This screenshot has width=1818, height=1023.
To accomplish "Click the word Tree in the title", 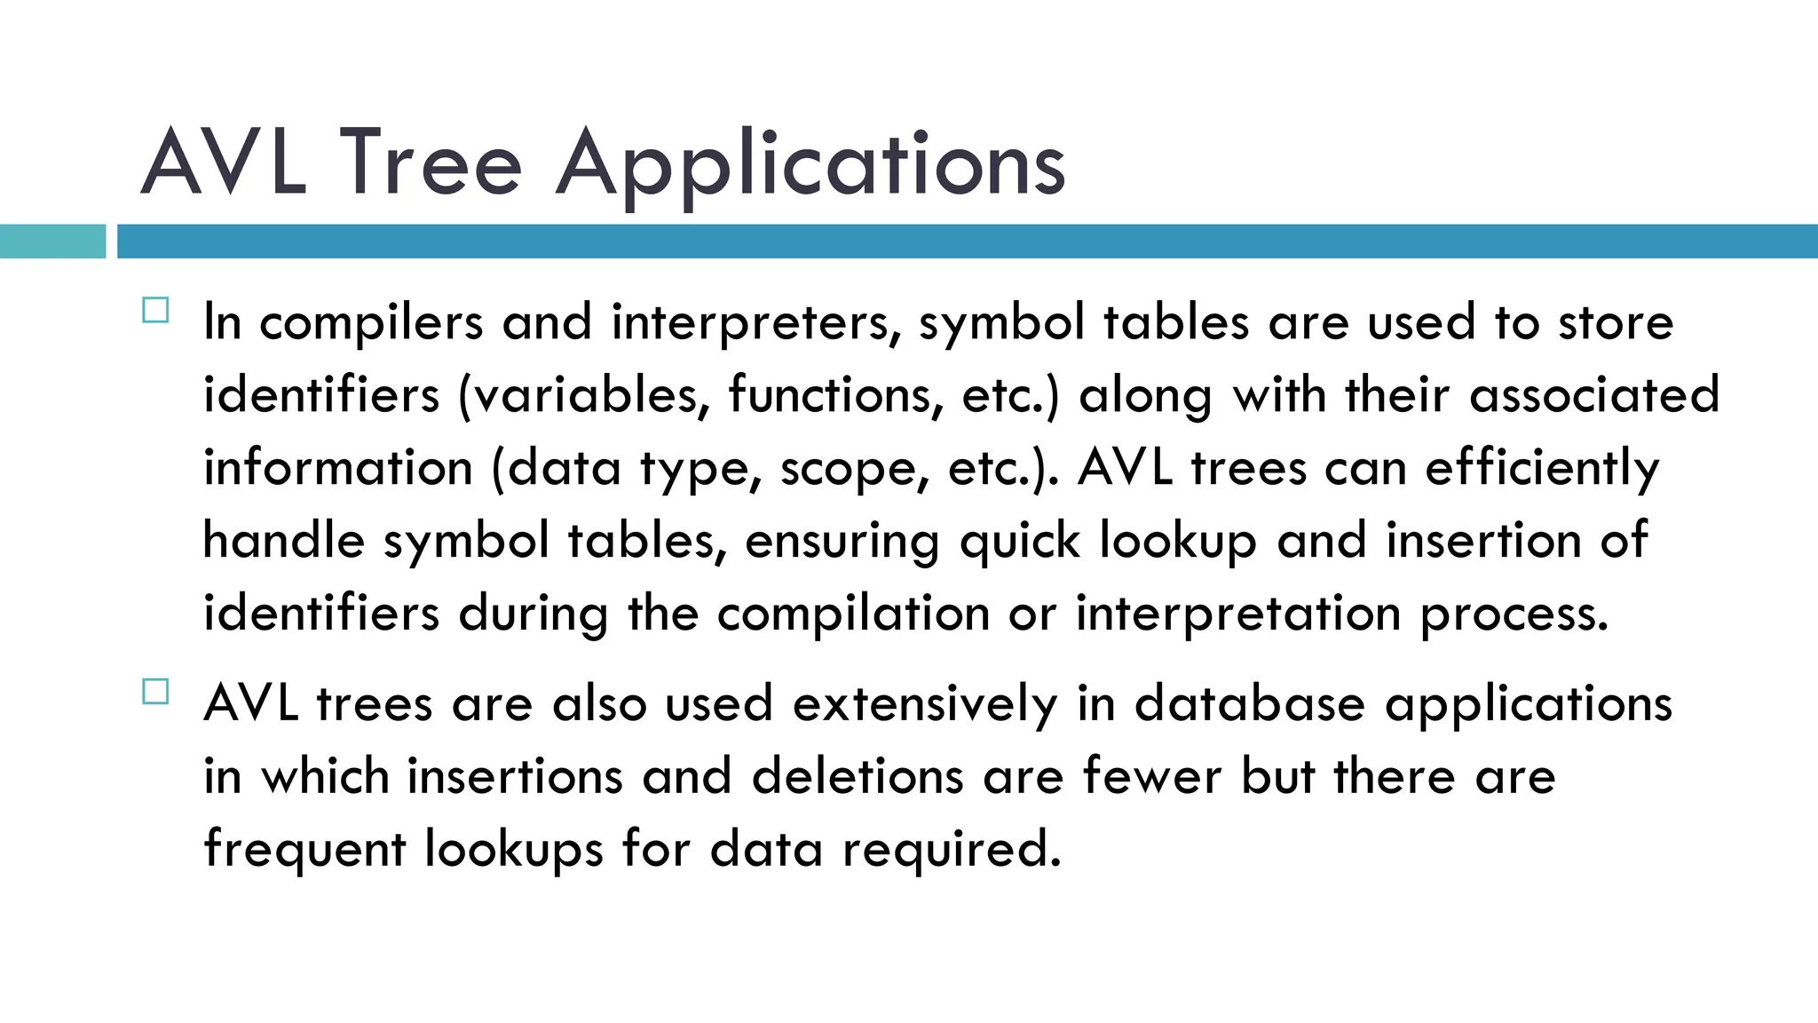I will click(x=431, y=163).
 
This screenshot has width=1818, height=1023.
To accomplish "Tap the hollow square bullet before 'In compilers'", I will click(x=155, y=311).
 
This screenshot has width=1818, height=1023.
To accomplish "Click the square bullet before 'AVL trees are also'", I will click(x=155, y=692).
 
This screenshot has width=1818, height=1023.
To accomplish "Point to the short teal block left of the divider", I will click(x=52, y=242).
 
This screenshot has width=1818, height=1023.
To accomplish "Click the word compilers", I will click(x=371, y=323).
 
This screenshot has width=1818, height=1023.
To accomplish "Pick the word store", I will click(x=1616, y=323).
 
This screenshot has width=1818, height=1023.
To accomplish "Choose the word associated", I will click(x=1594, y=396).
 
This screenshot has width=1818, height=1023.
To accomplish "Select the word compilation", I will click(x=853, y=615).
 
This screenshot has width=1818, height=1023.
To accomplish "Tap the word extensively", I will click(x=925, y=705).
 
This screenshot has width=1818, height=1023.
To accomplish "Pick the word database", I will click(x=1250, y=705).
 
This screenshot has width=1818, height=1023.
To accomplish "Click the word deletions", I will click(x=858, y=777).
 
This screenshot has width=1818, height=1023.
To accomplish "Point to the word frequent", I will click(x=304, y=851).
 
